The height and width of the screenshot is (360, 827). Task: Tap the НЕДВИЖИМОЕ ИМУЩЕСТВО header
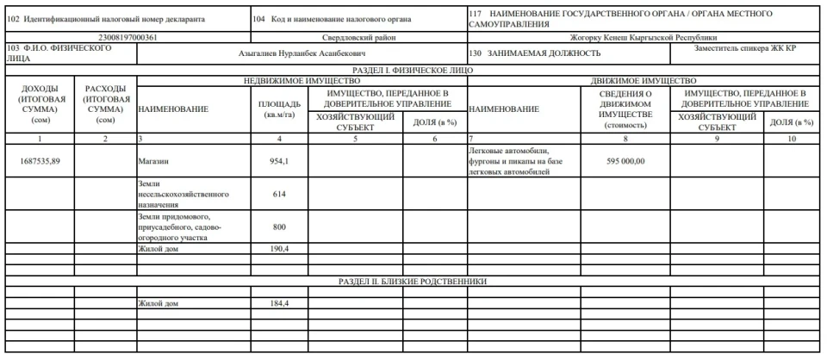coord(300,79)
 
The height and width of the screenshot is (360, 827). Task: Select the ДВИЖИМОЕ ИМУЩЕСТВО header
coord(643,79)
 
